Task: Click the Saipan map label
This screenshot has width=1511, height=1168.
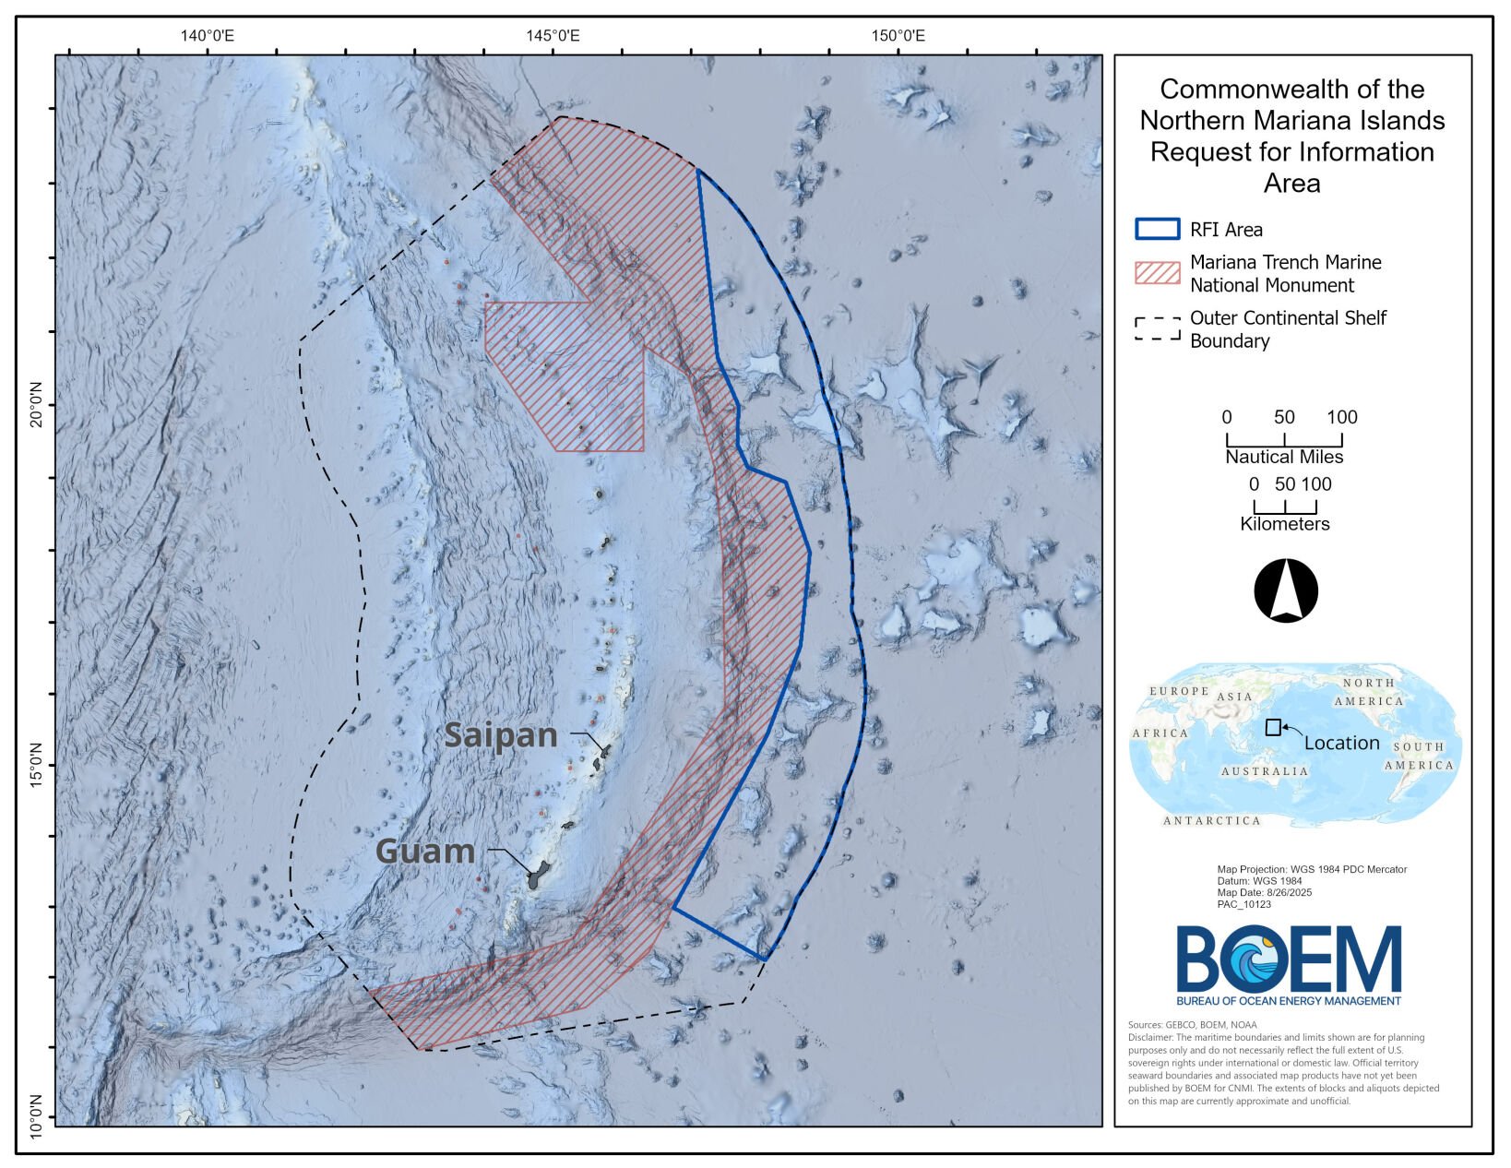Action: pos(500,735)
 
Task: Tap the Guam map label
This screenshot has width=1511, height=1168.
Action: pos(425,851)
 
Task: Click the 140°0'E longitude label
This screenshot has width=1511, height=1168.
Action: pos(208,36)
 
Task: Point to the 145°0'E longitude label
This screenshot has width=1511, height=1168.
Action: pos(553,36)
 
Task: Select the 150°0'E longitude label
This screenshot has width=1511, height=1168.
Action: pos(898,36)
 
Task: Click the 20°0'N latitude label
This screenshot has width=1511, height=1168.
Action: pos(37,405)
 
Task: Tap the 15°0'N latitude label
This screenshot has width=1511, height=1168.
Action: pos(37,764)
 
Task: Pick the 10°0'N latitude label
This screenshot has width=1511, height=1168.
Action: pos(37,1117)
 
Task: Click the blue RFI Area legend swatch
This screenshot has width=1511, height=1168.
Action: pos(1157,229)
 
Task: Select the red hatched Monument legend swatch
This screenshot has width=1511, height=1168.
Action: pos(1157,272)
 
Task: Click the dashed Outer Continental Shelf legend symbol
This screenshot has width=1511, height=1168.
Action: pos(1157,328)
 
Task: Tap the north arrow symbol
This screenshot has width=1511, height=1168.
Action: pos(1286,590)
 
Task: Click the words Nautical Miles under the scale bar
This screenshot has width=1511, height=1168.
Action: pos(1284,457)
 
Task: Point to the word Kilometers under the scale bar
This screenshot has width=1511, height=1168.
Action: pos(1284,524)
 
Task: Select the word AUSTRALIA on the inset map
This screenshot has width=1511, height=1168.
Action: pos(1264,771)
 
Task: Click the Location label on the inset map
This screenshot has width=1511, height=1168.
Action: pos(1341,743)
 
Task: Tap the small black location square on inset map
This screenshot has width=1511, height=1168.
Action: pos(1273,727)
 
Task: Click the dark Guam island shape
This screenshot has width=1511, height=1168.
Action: pos(537,875)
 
